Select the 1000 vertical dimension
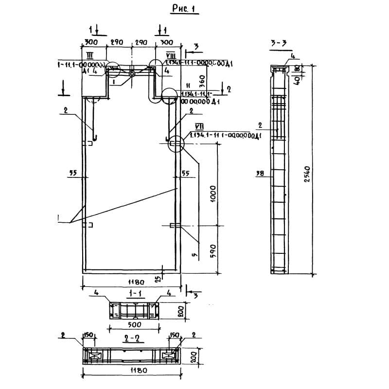tap(212, 194)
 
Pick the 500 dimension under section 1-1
tap(134, 324)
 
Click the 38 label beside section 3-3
tap(259, 173)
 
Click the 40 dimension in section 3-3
tap(296, 79)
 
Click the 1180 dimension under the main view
tap(132, 282)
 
